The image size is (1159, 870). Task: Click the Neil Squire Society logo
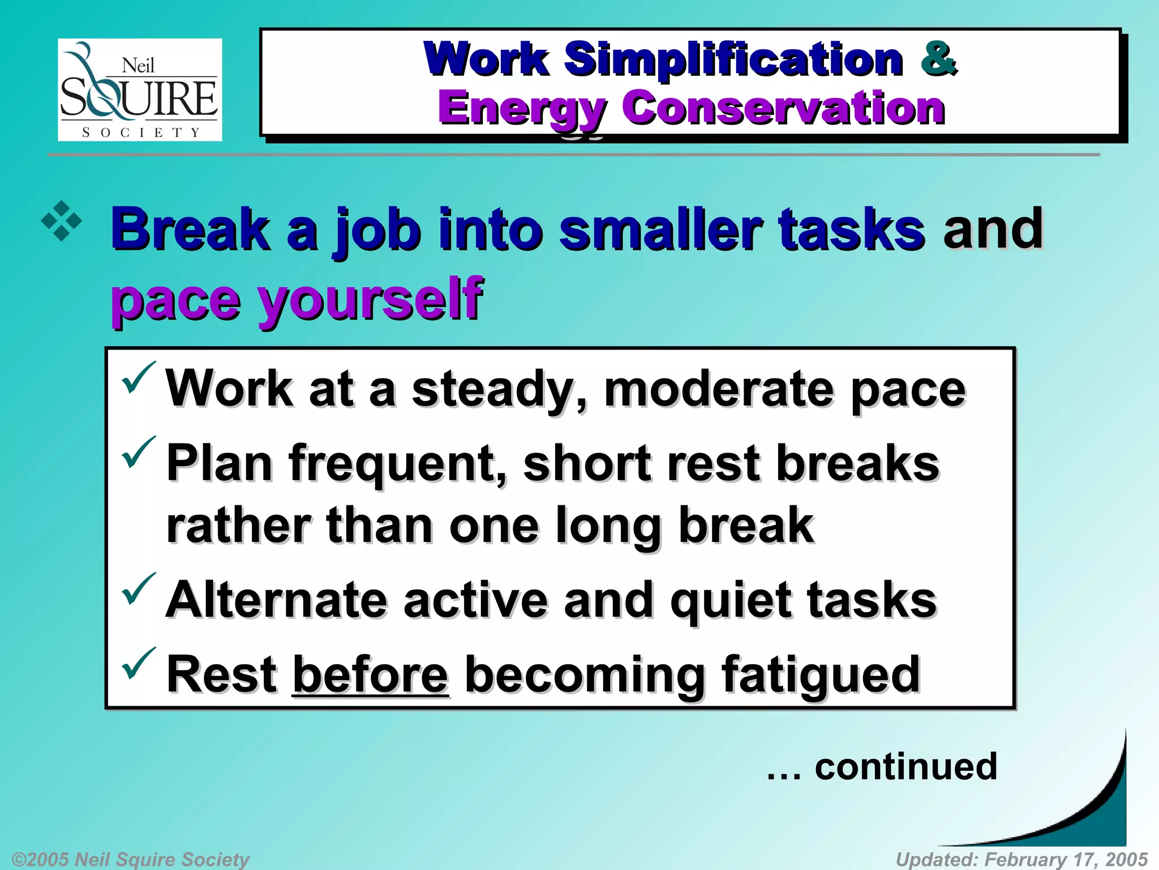pos(140,89)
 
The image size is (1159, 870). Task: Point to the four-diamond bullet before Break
pos(61,221)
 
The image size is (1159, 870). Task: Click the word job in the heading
pos(377,229)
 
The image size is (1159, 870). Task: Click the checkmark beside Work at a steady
pos(138,378)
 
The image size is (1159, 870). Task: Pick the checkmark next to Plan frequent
pos(138,453)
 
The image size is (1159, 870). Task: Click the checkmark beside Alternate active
pos(138,589)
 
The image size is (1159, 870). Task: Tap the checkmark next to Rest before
pos(138,663)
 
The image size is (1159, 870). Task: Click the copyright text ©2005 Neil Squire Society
pos(130,859)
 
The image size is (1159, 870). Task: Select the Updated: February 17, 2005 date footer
pos(1021,859)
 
